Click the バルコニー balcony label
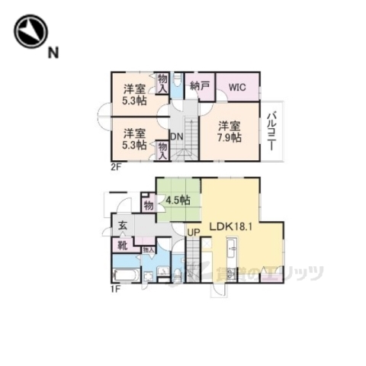click(272, 130)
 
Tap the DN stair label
click(175, 137)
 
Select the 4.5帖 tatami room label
click(177, 202)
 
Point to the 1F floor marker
click(115, 288)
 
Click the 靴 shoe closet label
click(122, 245)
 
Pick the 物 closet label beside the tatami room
click(148, 204)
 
